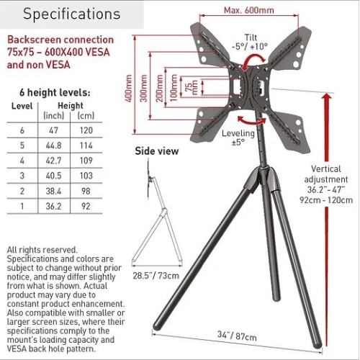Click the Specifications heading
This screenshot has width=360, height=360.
coord(71,14)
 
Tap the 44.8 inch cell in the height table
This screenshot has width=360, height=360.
coord(53,145)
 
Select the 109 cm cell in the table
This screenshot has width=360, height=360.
coord(86,161)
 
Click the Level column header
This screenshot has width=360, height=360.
coord(22,106)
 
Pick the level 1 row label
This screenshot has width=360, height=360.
coord(22,206)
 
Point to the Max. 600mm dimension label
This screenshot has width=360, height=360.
coord(249,10)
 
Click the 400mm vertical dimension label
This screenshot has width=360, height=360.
coord(129,88)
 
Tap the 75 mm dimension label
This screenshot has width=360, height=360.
coord(192,87)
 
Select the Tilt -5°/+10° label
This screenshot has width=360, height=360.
coord(250,42)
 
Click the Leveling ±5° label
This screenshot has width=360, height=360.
coord(238,138)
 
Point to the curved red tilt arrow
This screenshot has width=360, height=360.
coord(253,59)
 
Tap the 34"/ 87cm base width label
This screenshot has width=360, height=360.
coord(237,336)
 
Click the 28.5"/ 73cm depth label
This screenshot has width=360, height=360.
coord(156,276)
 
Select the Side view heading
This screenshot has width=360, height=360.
coord(157,151)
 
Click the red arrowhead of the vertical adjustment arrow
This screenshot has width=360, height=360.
coord(327,96)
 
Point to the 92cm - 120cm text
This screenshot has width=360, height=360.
coord(326,200)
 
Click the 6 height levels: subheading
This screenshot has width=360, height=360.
coord(55,93)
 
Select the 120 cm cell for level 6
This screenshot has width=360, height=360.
coord(86,130)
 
